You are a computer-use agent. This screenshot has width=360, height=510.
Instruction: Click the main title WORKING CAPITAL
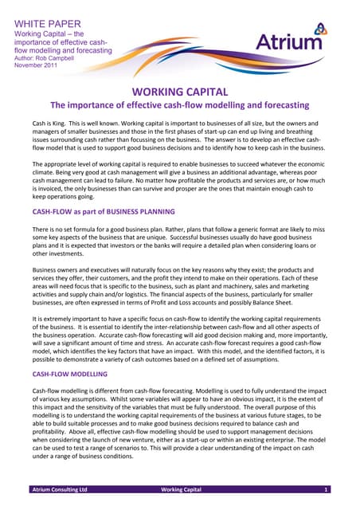click(x=180, y=92)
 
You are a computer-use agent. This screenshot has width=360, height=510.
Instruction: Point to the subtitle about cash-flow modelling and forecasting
click(x=180, y=106)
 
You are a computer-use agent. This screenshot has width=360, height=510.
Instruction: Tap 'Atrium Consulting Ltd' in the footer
click(x=59, y=488)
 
